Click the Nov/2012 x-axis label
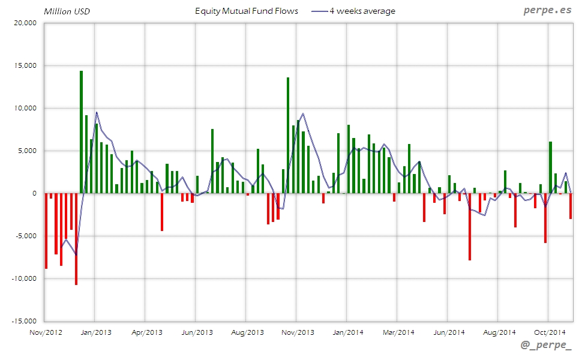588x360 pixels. tap(46, 332)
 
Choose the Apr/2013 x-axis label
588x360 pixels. tap(147, 332)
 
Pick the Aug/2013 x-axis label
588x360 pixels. tap(248, 332)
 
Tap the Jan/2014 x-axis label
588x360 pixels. tap(348, 332)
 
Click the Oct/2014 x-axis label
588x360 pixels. tap(550, 332)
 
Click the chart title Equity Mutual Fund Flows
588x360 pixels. tap(247, 11)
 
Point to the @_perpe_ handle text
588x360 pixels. tap(546, 347)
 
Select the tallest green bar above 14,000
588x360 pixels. tap(81, 132)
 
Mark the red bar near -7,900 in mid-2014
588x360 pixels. tap(470, 227)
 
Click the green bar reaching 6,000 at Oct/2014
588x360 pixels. tap(550, 167)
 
